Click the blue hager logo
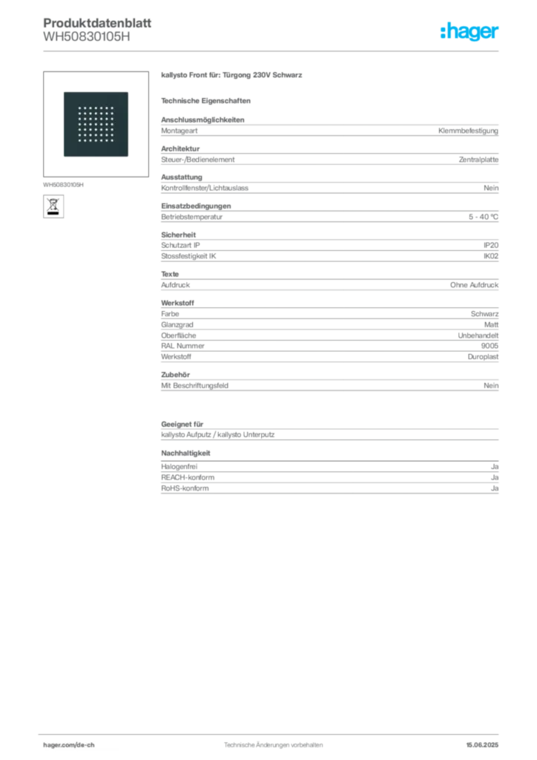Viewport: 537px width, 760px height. coord(470,33)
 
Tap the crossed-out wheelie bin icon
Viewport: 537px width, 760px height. coord(53,205)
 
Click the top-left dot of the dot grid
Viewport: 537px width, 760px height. coord(79,108)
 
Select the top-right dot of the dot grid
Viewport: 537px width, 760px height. coord(111,108)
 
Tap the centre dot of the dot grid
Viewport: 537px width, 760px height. coord(95,125)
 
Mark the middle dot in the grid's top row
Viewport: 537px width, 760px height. coord(95,108)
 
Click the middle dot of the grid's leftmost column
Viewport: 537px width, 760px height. coord(79,125)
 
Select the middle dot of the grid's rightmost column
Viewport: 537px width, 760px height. coord(111,125)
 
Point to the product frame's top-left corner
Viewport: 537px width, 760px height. coord(61,91)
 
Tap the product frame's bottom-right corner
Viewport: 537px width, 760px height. coord(129,158)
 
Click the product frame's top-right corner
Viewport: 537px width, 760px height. coord(129,91)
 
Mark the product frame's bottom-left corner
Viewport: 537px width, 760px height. coord(61,158)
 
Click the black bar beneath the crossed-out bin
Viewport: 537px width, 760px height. coord(53,214)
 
